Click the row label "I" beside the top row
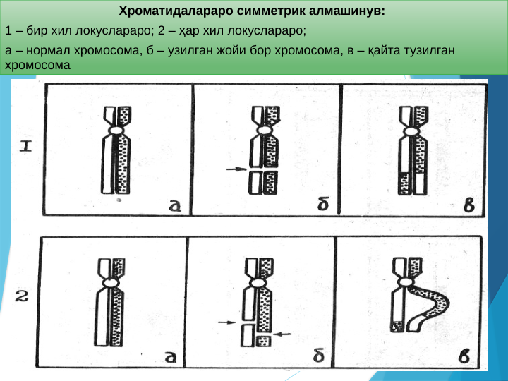(25, 147)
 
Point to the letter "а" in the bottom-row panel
(170, 356)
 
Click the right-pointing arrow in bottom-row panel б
(226, 322)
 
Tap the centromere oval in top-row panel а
(116, 131)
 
